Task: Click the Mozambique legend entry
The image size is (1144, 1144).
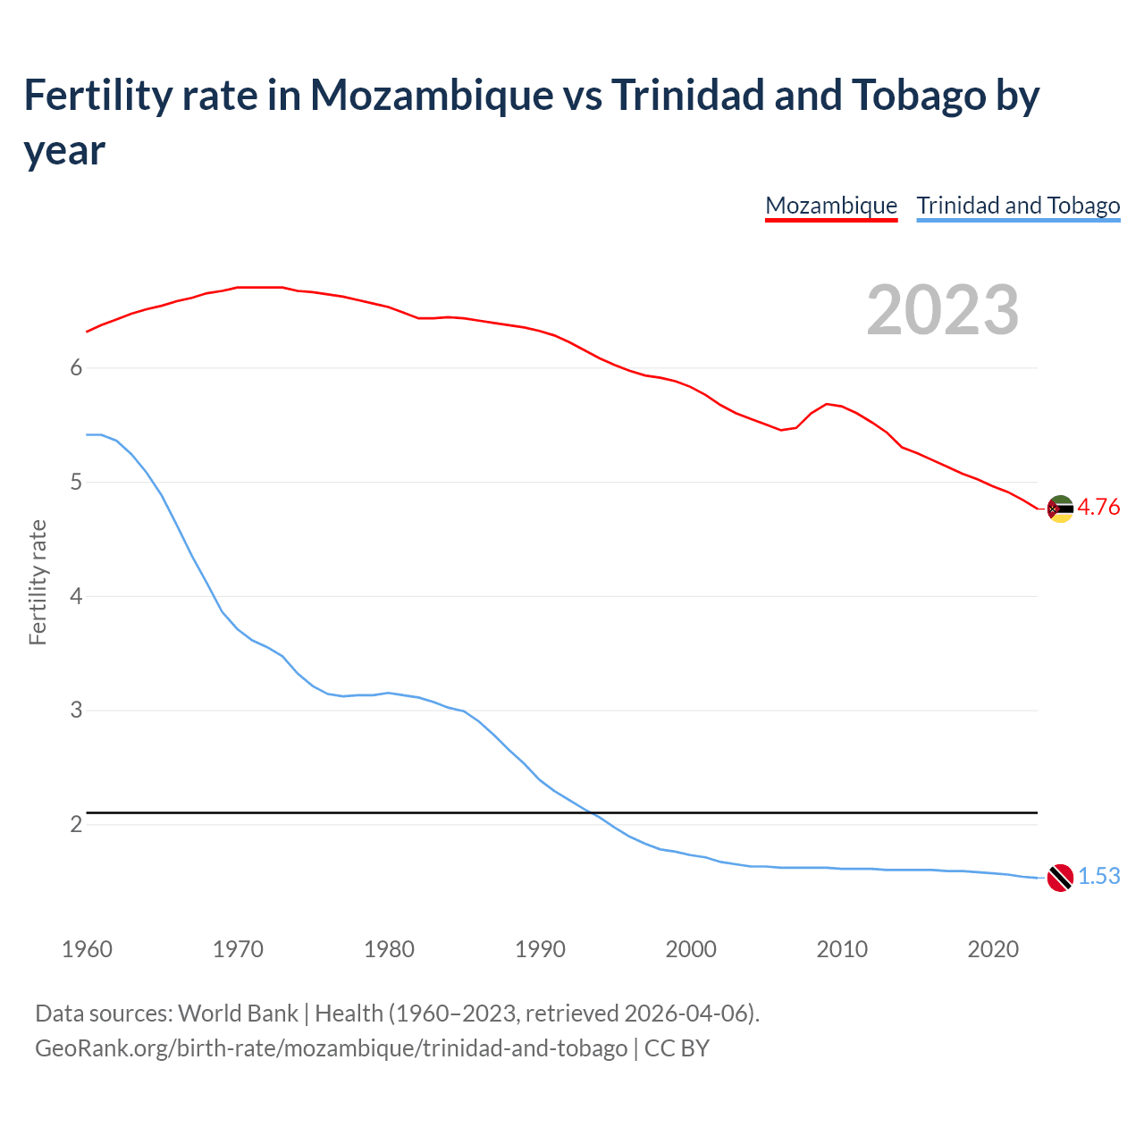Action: coord(831,206)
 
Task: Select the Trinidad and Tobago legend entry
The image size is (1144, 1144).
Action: coord(1018,206)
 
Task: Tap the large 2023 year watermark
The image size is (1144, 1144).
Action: coord(943,309)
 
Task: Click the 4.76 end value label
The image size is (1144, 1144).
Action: coord(1098,508)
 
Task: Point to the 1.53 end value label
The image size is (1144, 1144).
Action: coord(1098,877)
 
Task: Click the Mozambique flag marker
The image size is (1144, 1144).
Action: coord(1060,509)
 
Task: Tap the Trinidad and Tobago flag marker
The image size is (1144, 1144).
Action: coord(1060,878)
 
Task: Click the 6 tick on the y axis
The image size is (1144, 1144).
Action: coord(76,368)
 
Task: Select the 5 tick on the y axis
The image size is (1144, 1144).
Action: coord(76,483)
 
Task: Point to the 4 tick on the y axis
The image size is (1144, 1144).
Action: coord(76,596)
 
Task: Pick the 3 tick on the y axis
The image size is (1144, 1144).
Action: coord(76,711)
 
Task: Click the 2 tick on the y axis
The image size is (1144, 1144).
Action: coord(76,824)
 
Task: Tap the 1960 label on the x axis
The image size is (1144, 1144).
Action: coord(87,949)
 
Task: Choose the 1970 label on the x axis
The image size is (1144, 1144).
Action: coord(238,949)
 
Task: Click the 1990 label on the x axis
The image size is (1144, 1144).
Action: coord(540,949)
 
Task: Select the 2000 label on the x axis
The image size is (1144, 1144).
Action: coord(691,949)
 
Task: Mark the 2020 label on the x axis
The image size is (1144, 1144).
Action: coord(993,949)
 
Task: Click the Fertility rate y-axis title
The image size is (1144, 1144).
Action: coord(38,582)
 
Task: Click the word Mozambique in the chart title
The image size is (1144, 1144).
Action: coord(432,95)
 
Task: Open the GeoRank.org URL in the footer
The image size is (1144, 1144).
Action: coord(331,1047)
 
